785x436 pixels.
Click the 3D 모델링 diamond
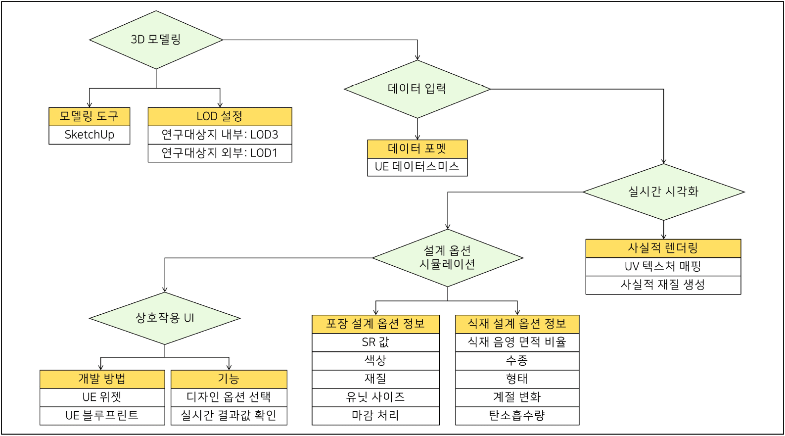pos(156,40)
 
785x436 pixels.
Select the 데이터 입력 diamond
pos(417,89)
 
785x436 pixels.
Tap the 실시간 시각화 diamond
pos(663,192)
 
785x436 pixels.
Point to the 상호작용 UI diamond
pos(165,318)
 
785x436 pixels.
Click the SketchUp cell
pos(90,135)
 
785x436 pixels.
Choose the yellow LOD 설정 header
pos(220,117)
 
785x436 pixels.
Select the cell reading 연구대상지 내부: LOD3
pos(220,135)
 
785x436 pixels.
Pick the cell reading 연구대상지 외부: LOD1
pos(220,153)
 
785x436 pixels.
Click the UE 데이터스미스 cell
pos(417,167)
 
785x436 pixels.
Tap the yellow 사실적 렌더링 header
pos(663,248)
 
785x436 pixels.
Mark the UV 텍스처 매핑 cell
pos(663,267)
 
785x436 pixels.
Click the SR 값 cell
pos(375,342)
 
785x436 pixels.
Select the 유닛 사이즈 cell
pos(375,397)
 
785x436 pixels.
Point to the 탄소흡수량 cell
pos(517,416)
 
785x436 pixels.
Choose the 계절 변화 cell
pos(517,397)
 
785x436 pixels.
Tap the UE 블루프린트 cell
pos(102,416)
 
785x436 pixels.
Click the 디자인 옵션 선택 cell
pos(229,397)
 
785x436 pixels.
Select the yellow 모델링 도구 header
pos(90,117)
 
